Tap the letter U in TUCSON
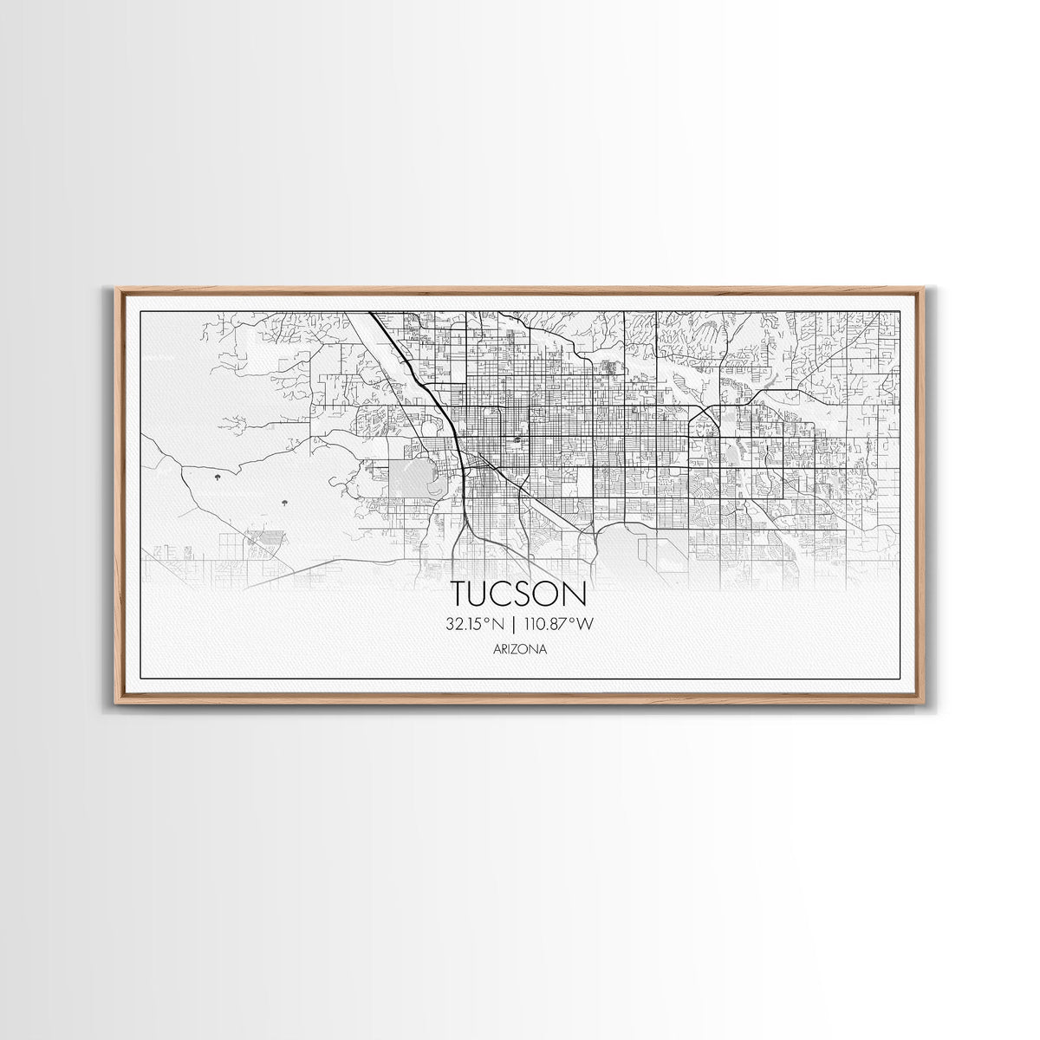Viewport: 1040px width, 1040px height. [484, 594]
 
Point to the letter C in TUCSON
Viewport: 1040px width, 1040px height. [507, 594]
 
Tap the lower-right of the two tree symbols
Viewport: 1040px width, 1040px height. [283, 502]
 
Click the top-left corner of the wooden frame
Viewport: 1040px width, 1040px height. [116, 289]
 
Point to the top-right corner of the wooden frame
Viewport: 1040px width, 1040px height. [924, 289]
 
